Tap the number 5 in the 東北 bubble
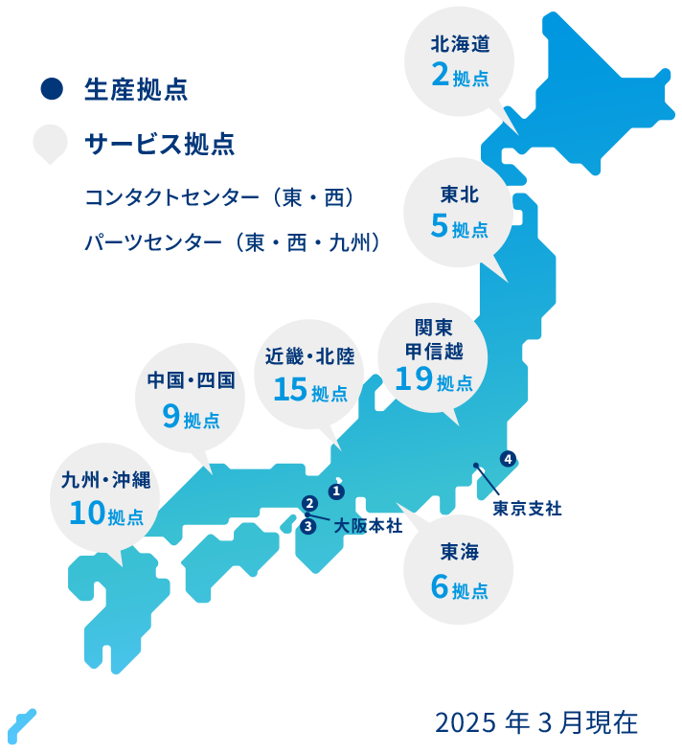[440, 227]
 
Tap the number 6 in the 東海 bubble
[440, 586]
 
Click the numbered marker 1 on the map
[335, 491]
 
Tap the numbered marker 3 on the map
[307, 526]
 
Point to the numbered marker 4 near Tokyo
[507, 459]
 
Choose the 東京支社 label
[527, 509]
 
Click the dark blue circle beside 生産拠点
[51, 90]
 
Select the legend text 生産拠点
[135, 91]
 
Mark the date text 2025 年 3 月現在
[536, 722]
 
